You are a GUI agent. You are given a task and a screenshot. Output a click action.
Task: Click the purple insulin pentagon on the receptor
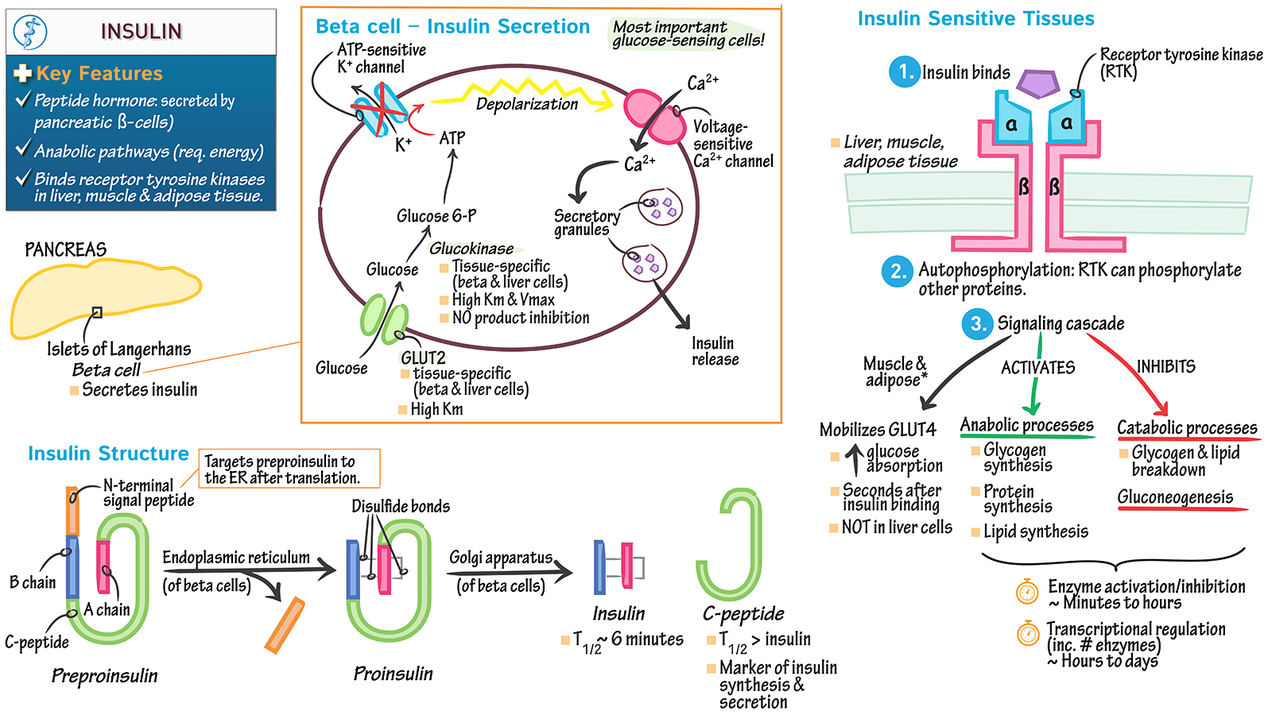[x=1038, y=83]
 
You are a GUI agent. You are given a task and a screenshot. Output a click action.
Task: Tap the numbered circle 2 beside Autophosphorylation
[x=898, y=272]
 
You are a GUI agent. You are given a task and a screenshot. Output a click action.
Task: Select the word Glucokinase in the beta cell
[x=471, y=249]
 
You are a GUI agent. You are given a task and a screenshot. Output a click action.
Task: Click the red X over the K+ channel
[x=380, y=114]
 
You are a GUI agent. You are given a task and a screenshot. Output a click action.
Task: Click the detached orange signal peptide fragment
[x=285, y=625]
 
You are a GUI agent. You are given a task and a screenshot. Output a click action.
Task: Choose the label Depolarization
[x=526, y=104]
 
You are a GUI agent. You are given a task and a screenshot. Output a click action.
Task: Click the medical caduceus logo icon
[x=30, y=32]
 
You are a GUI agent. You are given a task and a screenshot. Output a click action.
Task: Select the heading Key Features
[x=99, y=74]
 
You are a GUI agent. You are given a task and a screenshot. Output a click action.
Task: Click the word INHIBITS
[x=1165, y=366]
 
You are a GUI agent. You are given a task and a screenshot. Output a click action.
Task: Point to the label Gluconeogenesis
[x=1175, y=497]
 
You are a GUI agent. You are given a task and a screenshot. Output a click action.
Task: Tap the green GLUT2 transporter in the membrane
[x=385, y=319]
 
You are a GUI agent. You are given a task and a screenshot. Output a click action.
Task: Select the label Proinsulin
[x=393, y=674]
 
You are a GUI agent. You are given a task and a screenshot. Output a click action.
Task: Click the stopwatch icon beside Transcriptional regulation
[x=1028, y=633]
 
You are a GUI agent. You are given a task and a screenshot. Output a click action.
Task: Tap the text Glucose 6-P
[x=436, y=216]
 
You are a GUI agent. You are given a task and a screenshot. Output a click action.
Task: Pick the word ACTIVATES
[x=1037, y=367]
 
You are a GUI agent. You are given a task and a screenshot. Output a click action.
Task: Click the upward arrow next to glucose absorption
[x=854, y=460]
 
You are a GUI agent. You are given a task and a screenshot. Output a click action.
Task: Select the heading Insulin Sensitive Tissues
[x=975, y=19]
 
